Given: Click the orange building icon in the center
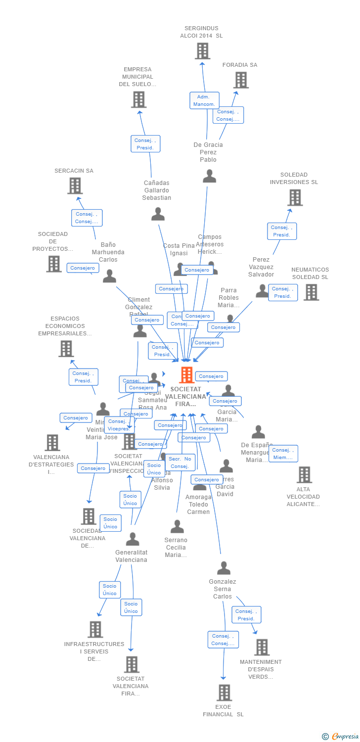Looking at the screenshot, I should point(186,375).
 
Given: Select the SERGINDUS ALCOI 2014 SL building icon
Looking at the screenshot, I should point(202,51).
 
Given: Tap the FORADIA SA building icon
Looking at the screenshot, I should point(241,80).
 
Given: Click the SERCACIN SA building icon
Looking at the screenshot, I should point(75,186).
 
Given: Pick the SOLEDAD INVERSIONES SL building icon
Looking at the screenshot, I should point(295,197).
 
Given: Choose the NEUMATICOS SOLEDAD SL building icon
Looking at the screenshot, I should point(311,292).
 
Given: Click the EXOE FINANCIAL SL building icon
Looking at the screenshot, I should point(224,693).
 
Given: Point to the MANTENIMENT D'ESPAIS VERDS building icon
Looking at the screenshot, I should point(262,647).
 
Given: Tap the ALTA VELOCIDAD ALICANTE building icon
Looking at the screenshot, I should point(304,475).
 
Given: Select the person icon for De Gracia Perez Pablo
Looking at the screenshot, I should point(209,176).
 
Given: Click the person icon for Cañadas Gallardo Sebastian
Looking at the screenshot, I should point(158,214).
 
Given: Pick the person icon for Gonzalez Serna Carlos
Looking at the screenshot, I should point(224,568).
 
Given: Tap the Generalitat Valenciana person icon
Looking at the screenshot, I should point(132,539).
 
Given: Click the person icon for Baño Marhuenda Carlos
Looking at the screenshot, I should point(109,276).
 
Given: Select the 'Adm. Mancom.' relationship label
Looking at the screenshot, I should point(204,100).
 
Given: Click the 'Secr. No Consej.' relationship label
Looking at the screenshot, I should point(180,463).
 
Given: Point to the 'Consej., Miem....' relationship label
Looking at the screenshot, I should point(283,454).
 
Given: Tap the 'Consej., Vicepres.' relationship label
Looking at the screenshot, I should point(119,425).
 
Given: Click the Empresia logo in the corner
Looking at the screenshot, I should point(341,737).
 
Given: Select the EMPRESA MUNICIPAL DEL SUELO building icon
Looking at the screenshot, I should point(138,99).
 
